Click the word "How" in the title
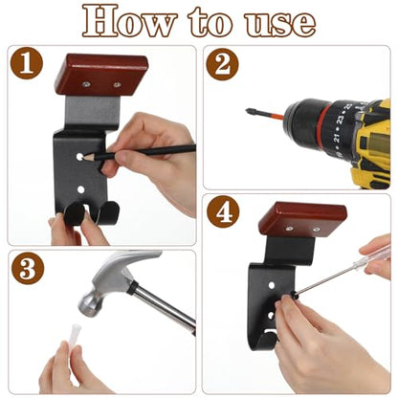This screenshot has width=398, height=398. click(129, 21)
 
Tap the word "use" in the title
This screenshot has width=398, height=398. click(280, 23)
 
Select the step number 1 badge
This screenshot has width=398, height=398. click(27, 63)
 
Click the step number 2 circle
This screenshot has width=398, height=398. click(222, 64)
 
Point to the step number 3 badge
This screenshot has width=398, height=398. click(28, 269)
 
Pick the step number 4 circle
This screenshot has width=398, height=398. click(223, 211)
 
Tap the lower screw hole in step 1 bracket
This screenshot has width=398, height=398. click(81, 190)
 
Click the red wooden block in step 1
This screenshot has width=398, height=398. click(101, 75)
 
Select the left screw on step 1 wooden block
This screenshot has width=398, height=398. click(86, 84)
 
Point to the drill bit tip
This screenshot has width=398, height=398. click(248, 111)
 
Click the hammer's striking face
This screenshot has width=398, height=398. click(87, 306)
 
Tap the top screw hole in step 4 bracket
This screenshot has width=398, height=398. click(272, 285)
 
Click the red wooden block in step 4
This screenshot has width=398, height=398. click(302, 219)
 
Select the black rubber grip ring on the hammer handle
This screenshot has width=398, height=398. click(130, 288)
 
